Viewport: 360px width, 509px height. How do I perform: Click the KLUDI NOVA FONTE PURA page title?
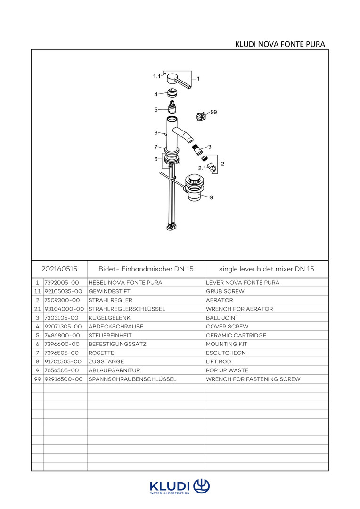point(280,44)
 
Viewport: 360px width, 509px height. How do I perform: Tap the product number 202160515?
point(59,269)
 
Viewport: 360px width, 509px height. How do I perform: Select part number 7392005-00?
point(62,283)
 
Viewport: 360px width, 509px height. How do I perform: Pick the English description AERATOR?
point(220,300)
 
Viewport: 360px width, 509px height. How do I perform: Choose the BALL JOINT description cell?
point(222,318)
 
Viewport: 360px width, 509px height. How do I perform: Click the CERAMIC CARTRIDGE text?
point(236,335)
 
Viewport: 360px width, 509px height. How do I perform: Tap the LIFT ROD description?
point(219,361)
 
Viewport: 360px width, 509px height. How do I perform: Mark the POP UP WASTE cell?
point(227,370)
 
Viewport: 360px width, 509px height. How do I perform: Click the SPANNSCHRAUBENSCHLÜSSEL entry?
point(132,379)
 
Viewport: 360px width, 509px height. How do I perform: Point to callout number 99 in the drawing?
point(213,112)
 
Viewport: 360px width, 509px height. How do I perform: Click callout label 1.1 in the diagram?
point(156,76)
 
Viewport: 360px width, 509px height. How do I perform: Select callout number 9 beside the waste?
point(212,197)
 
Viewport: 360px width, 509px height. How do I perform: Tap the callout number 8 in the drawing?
point(156,132)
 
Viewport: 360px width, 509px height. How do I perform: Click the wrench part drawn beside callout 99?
point(201,115)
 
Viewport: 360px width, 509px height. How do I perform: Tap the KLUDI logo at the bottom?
point(180,486)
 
